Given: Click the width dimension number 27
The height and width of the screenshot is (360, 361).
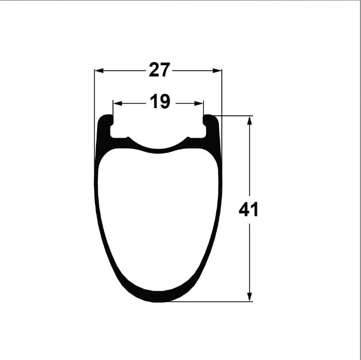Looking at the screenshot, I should pos(160,70).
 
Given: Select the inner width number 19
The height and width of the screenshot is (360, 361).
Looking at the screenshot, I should pos(160,102).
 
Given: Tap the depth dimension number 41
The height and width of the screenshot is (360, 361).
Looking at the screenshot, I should pos(249,209).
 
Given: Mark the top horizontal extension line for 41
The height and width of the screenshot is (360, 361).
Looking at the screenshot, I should pos(236,116).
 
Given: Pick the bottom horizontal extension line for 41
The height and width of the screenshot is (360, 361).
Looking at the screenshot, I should pos(219,301).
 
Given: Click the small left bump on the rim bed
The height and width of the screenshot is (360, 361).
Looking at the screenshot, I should pos(128,138).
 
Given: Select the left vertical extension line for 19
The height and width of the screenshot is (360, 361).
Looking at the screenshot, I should pos(112,108).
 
